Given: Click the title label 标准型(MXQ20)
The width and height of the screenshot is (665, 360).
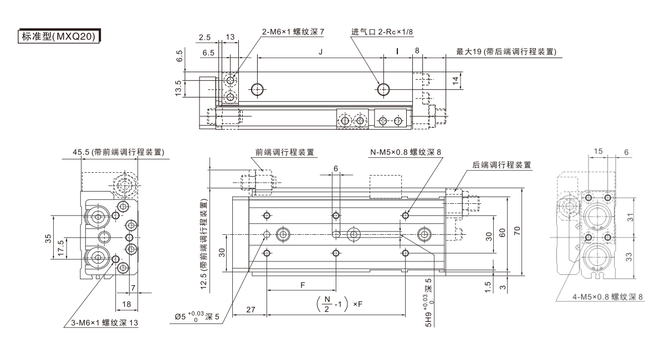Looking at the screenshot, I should pyautogui.click(x=59, y=37).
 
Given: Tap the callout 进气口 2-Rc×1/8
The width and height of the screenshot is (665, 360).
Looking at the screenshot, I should pyautogui.click(x=382, y=32).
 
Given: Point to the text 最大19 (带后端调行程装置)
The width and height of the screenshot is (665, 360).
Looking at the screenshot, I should pyautogui.click(x=506, y=52).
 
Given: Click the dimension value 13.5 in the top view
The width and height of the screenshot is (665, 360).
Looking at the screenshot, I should pyautogui.click(x=178, y=87).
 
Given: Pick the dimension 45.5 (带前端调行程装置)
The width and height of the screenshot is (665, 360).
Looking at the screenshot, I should pyautogui.click(x=121, y=152).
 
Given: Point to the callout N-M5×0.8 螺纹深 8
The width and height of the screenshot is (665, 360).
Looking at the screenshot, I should pyautogui.click(x=406, y=152).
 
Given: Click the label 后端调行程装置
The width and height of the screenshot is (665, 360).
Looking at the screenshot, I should pyautogui.click(x=502, y=164).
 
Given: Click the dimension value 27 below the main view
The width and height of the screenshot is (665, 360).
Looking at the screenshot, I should pyautogui.click(x=250, y=311).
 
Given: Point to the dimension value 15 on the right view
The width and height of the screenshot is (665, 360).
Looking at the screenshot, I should pyautogui.click(x=598, y=151).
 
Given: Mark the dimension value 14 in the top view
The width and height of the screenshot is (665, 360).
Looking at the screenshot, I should pyautogui.click(x=455, y=80).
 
